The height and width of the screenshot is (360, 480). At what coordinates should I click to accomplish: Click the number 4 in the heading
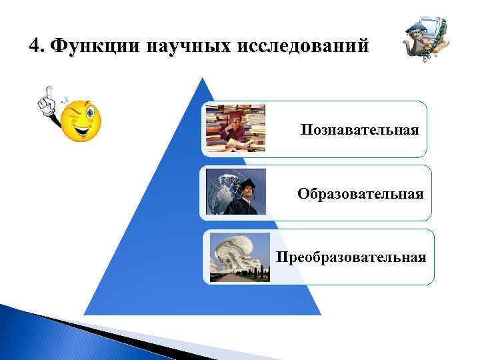tap(35, 45)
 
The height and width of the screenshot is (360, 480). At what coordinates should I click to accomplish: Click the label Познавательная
tap(359, 129)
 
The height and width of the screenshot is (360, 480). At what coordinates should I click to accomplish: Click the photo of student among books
tap(235, 129)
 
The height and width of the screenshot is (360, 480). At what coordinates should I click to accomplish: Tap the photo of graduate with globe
tap(235, 191)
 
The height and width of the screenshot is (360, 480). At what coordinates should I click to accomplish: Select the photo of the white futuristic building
tap(239, 256)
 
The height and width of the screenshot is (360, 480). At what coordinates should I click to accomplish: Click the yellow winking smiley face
tap(81, 120)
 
